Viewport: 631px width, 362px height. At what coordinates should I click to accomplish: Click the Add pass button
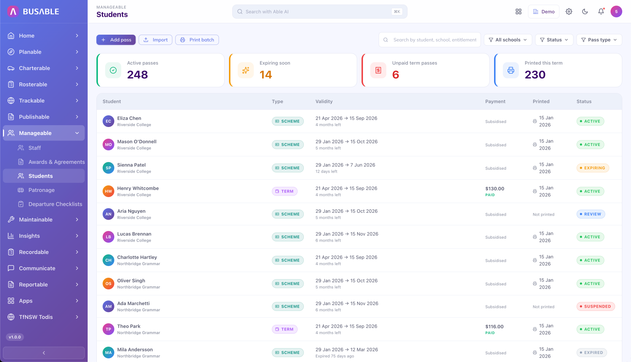click(116, 40)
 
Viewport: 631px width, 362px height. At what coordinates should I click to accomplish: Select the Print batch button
click(197, 40)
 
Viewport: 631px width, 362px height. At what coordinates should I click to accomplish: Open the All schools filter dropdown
click(508, 40)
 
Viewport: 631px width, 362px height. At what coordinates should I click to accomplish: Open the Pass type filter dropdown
click(599, 40)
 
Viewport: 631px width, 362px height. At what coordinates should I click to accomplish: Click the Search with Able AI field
click(320, 12)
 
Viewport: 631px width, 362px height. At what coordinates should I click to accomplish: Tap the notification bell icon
click(601, 12)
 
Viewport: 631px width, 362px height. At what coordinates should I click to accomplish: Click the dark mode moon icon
click(585, 12)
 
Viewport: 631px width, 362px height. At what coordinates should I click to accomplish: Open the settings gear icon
click(569, 12)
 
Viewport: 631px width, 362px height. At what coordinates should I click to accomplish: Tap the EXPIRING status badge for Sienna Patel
click(593, 168)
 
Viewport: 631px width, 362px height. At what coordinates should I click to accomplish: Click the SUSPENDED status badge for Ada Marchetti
click(596, 307)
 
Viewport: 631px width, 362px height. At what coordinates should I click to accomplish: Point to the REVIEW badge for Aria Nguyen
click(591, 214)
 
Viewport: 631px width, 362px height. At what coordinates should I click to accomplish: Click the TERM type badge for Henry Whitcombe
click(285, 191)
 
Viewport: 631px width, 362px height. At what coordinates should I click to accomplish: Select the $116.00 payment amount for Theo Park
click(494, 327)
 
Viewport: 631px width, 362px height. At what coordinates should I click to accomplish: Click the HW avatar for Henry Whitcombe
click(108, 191)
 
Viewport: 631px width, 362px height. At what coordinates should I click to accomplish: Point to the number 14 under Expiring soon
click(266, 75)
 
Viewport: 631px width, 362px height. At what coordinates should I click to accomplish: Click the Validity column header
click(324, 101)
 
